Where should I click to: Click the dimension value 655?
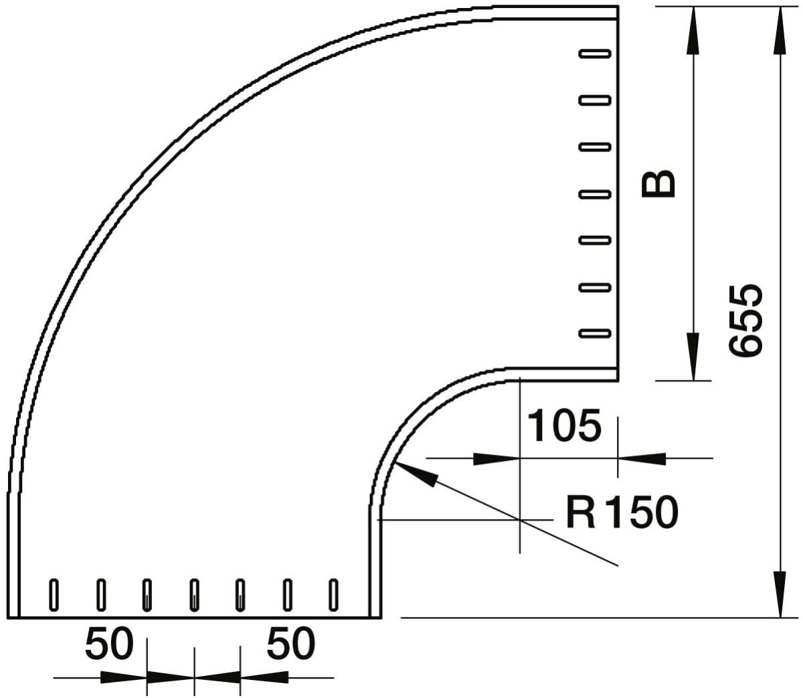coord(745,320)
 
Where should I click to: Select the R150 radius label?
coord(622,513)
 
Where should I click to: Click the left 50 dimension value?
coord(109,646)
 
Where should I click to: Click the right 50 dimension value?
coord(290,646)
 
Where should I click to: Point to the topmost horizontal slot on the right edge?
coord(595,53)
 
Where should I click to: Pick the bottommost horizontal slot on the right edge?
coord(595,333)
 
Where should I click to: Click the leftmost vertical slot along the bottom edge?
coord(54,595)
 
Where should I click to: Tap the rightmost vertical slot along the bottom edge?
coord(333,595)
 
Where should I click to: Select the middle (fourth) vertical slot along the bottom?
coord(194,595)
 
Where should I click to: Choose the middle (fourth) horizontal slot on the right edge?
coord(595,194)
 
